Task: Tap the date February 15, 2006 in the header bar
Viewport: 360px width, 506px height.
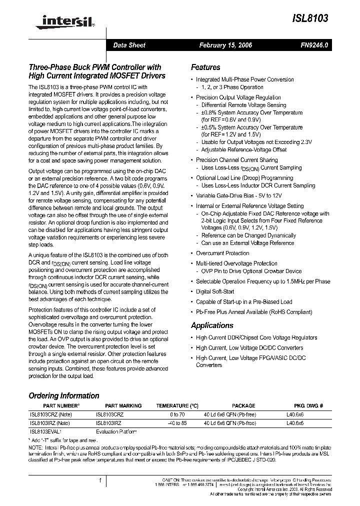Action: click(x=225, y=45)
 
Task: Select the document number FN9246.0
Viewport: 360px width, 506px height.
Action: click(x=314, y=45)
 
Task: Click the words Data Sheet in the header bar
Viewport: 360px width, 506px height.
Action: click(x=129, y=45)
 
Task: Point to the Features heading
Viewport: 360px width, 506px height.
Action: click(x=205, y=67)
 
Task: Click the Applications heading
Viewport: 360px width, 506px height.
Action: click(x=212, y=325)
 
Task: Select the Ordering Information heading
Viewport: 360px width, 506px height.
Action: click(x=64, y=395)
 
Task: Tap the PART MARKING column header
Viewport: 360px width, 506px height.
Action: click(x=123, y=405)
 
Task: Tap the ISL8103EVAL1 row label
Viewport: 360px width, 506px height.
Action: click(x=46, y=431)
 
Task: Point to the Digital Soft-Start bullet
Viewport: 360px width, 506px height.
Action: click(x=214, y=291)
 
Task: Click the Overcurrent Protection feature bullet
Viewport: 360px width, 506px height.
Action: click(x=222, y=253)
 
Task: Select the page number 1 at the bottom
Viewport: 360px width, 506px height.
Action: click(x=100, y=480)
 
